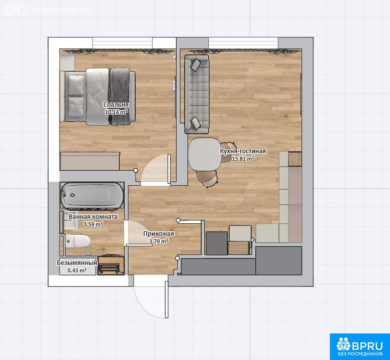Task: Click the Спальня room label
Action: (x=116, y=105)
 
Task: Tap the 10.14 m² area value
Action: (x=117, y=112)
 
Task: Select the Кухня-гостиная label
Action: (x=243, y=151)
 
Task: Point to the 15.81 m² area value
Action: (x=243, y=159)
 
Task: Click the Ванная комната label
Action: (x=93, y=216)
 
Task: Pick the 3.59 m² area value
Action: (x=93, y=224)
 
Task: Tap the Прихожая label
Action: (x=158, y=234)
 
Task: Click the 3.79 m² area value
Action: (x=158, y=241)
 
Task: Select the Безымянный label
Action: (x=77, y=263)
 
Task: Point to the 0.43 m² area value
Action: (x=77, y=270)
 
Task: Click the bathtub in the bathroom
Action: (x=92, y=196)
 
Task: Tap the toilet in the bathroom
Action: (x=77, y=241)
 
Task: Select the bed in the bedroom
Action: (x=98, y=96)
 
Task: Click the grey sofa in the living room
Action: (x=196, y=94)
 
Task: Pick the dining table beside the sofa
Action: (x=205, y=154)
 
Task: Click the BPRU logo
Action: (x=359, y=346)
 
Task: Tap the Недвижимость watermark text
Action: (x=62, y=10)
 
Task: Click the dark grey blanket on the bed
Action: (x=119, y=97)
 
